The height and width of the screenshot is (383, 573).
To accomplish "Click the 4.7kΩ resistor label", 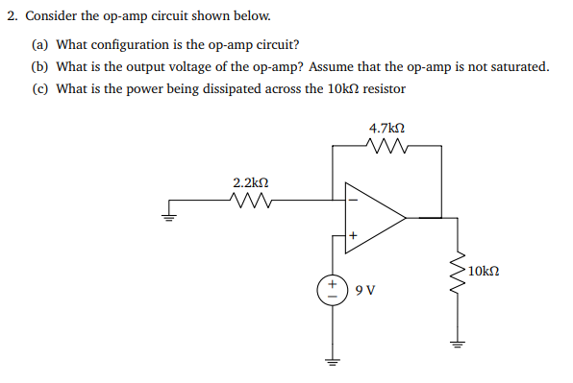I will [x=386, y=127].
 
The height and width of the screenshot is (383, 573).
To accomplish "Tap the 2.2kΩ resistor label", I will [x=251, y=181].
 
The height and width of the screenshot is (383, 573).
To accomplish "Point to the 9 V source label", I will [x=364, y=289].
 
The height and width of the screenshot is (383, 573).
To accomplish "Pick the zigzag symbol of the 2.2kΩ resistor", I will [x=251, y=201].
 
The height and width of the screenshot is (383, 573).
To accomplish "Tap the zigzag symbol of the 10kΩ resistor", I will [x=458, y=274].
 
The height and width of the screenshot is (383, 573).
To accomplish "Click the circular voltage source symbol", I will [x=334, y=289].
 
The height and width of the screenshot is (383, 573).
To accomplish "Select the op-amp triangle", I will [x=375, y=217].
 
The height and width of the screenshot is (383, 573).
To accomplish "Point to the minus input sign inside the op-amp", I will [x=352, y=201].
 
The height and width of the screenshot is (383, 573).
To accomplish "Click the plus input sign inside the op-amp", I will [x=352, y=233].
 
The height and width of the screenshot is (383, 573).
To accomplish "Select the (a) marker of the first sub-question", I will [x=39, y=43].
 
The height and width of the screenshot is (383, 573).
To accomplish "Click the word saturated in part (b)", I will [x=518, y=66].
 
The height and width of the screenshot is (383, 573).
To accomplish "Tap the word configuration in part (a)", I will [x=135, y=43].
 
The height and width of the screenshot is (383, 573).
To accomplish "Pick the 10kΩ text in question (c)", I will [x=343, y=89].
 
